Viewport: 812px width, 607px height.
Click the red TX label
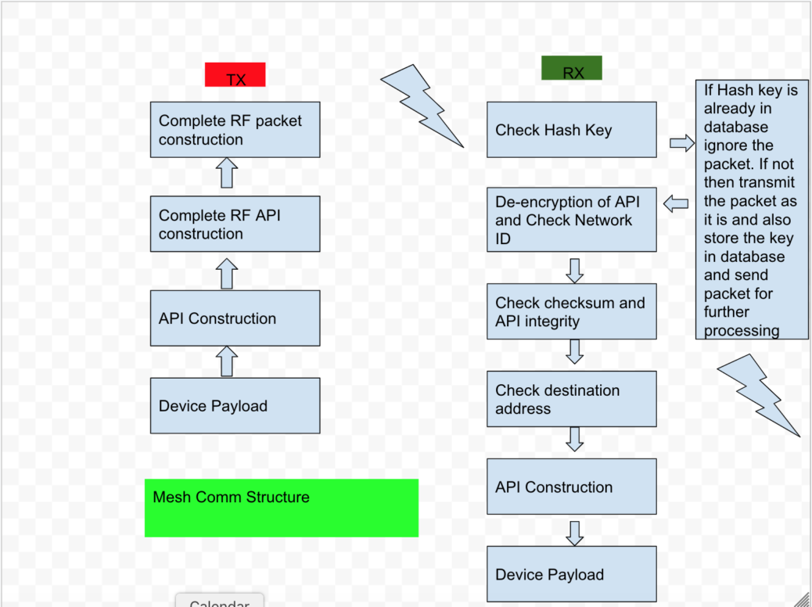(235, 75)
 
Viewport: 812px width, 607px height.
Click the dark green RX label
(572, 68)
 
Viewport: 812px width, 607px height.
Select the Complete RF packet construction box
(235, 130)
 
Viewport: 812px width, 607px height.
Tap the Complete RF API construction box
(235, 224)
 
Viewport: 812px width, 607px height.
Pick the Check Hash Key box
(571, 130)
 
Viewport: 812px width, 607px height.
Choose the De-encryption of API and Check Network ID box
(571, 220)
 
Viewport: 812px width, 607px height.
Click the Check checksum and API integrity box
(571, 312)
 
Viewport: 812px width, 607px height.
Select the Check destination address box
(571, 399)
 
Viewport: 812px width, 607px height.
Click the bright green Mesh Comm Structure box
(282, 508)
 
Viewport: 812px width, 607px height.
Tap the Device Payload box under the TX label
(235, 406)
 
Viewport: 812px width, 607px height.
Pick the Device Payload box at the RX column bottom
(571, 575)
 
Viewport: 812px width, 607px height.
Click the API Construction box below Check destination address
(571, 487)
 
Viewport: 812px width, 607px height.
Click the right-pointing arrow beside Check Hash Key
(682, 142)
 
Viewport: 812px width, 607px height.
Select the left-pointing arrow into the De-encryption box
(676, 204)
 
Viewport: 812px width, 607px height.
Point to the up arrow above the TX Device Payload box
(226, 361)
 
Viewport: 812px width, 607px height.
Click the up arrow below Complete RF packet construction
(226, 173)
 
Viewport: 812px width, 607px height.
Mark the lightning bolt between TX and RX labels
(422, 103)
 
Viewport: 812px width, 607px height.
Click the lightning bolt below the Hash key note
(759, 393)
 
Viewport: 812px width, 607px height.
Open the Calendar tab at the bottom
(219, 601)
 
